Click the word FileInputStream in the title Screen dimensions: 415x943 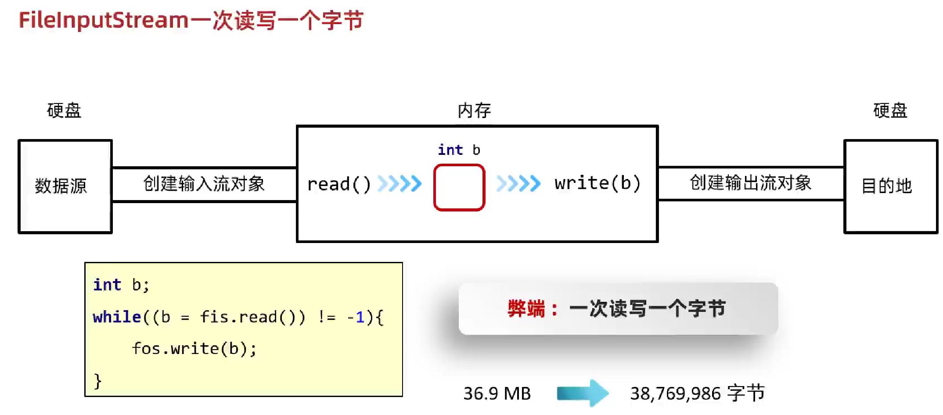[104, 20]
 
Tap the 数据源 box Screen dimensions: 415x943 [65, 186]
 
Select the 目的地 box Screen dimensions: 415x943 [890, 186]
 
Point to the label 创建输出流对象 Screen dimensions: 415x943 [751, 183]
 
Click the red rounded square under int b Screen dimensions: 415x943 [459, 187]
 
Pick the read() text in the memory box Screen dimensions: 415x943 [339, 184]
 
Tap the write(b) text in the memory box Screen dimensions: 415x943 [597, 183]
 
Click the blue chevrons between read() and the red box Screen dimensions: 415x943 [400, 184]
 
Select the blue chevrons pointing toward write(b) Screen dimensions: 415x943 [518, 183]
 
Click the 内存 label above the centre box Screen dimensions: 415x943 [474, 111]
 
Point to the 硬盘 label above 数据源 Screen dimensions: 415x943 [64, 111]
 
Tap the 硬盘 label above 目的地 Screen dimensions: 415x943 [890, 111]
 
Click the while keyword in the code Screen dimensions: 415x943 [117, 317]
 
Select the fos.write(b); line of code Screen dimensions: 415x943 [194, 349]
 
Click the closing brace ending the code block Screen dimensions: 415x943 [97, 381]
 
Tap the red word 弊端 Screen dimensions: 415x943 [526, 309]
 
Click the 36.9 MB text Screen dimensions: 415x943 [497, 394]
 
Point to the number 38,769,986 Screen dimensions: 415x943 [675, 394]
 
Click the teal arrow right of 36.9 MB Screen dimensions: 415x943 [583, 393]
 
